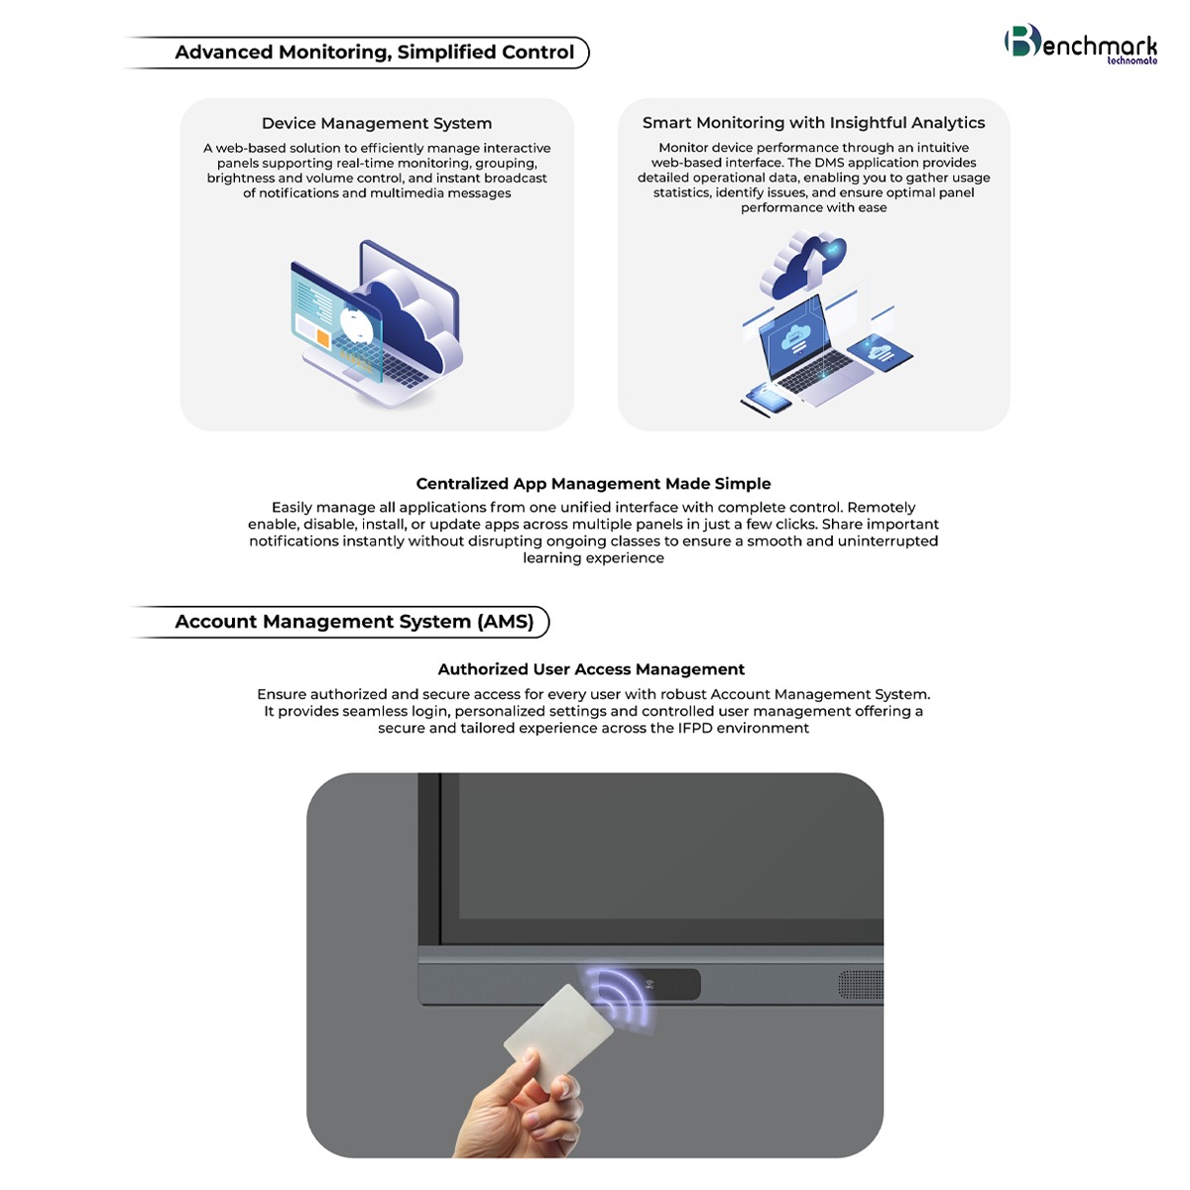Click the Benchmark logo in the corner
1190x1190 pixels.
(1080, 44)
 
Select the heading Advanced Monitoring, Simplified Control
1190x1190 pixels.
(374, 52)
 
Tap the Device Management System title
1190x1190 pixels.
(377, 123)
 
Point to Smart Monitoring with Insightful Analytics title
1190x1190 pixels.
(813, 122)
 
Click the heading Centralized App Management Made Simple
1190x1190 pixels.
(593, 483)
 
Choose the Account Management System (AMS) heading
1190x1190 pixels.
(354, 621)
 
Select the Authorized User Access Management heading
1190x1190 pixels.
(591, 668)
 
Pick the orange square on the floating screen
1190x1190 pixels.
(322, 337)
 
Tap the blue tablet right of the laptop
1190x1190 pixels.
(880, 353)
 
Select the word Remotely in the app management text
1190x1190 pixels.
(882, 507)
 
